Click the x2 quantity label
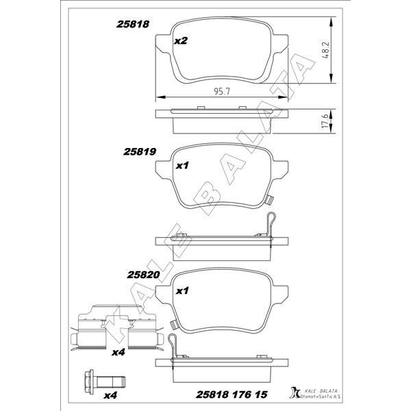(181, 41)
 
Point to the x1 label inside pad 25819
(182, 165)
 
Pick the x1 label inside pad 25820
(182, 290)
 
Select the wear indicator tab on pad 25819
(269, 200)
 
